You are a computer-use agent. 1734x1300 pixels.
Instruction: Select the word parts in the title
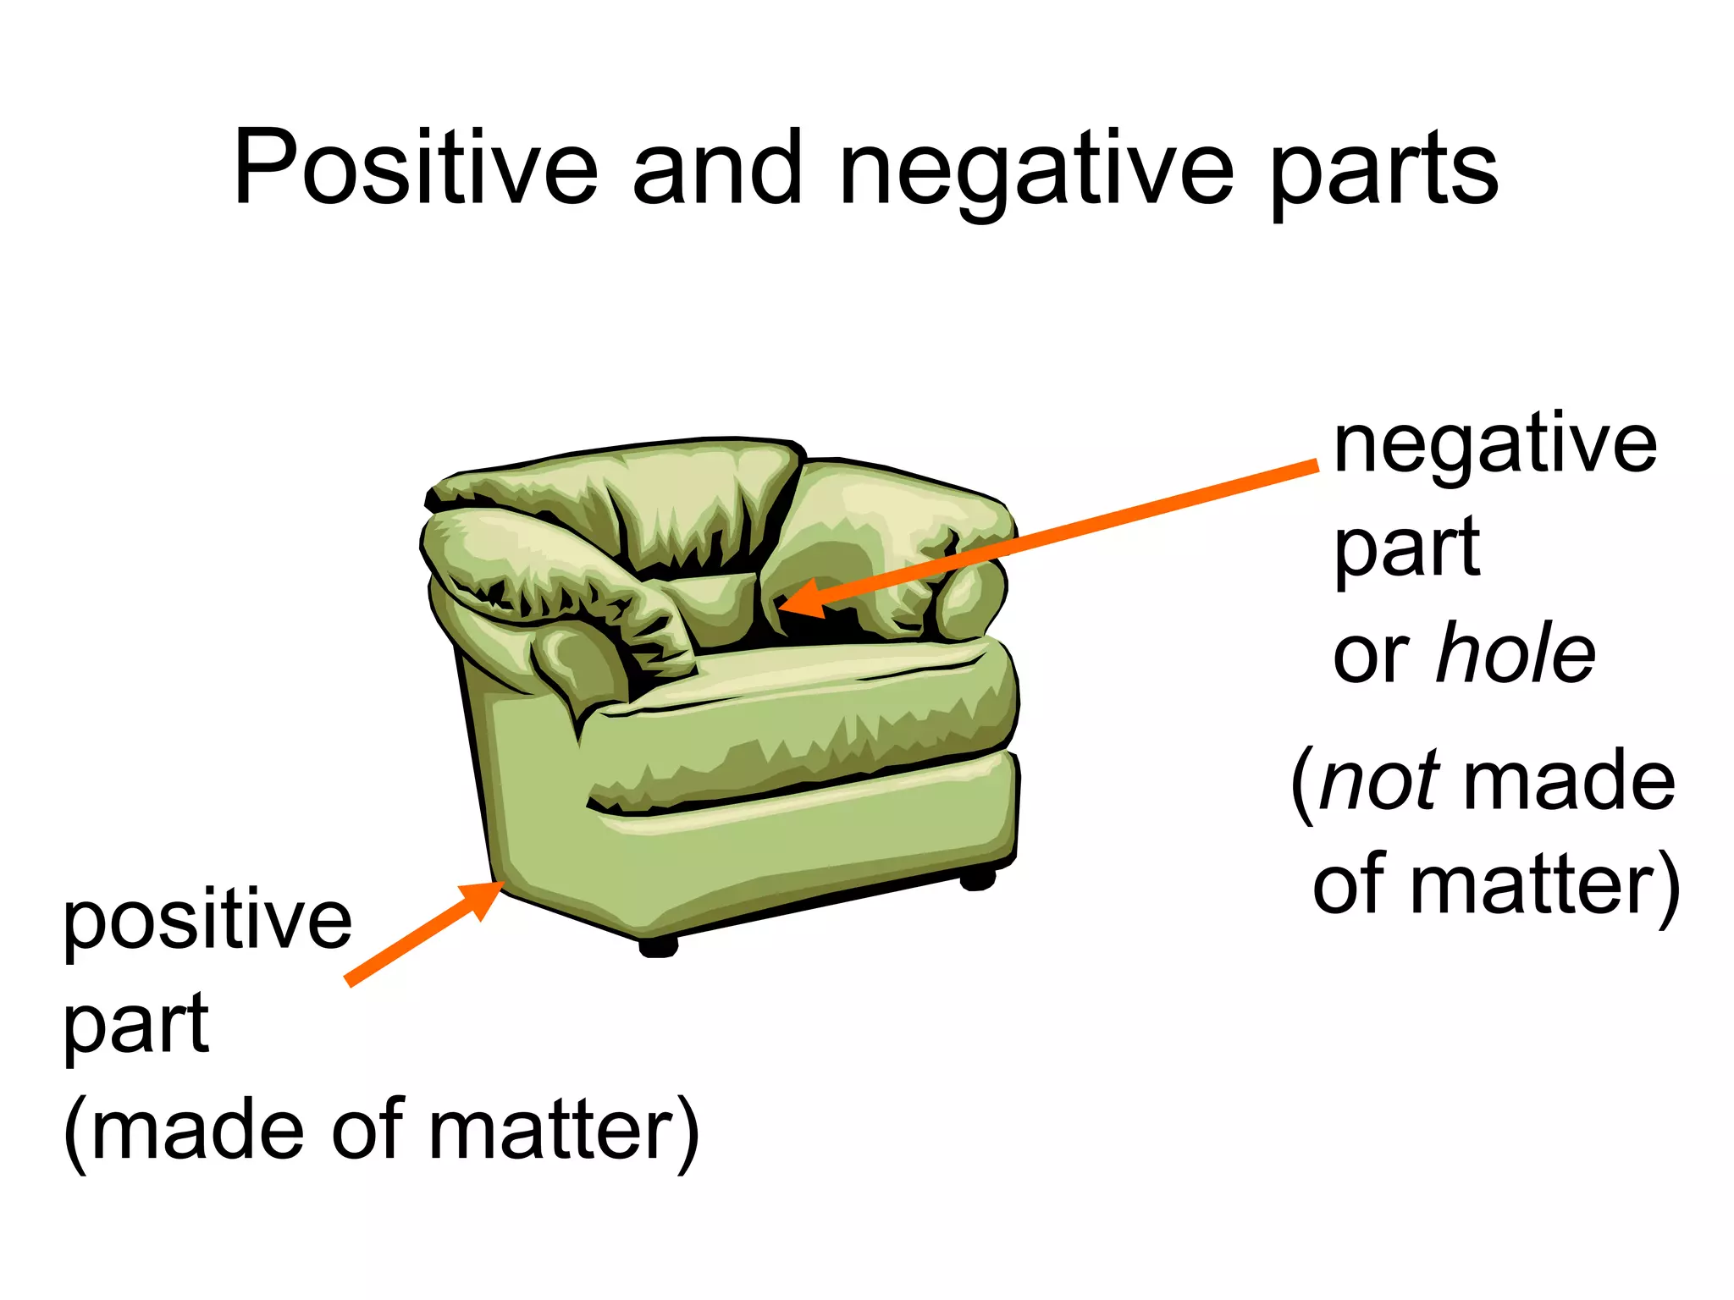1385,174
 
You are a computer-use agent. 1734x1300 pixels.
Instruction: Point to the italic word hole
1516,653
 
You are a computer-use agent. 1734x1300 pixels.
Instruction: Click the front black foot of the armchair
658,946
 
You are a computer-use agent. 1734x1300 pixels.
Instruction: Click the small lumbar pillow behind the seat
715,605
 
